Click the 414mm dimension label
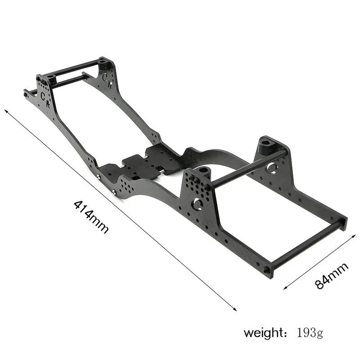(x=91, y=216)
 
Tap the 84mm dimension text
(x=332, y=276)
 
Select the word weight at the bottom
(x=262, y=333)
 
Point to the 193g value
(x=310, y=333)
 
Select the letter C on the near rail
(x=43, y=95)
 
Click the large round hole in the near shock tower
(x=197, y=204)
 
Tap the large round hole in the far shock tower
(x=271, y=168)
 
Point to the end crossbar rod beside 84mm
(x=306, y=245)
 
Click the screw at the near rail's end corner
(x=267, y=270)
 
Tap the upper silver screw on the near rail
(x=99, y=176)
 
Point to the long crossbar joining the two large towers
(x=247, y=169)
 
